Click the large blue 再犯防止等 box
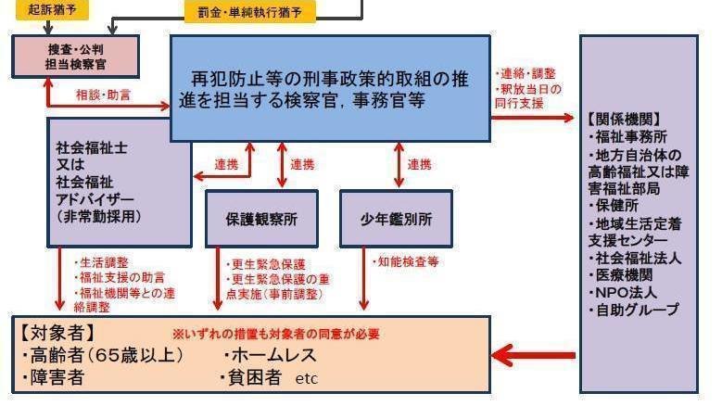pos(330,88)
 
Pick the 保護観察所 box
pos(261,219)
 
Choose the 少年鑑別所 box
pos(396,219)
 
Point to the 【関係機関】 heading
pos(624,119)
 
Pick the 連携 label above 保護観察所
pos(302,164)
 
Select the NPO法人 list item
pos(620,293)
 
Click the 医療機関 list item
pos(620,275)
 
